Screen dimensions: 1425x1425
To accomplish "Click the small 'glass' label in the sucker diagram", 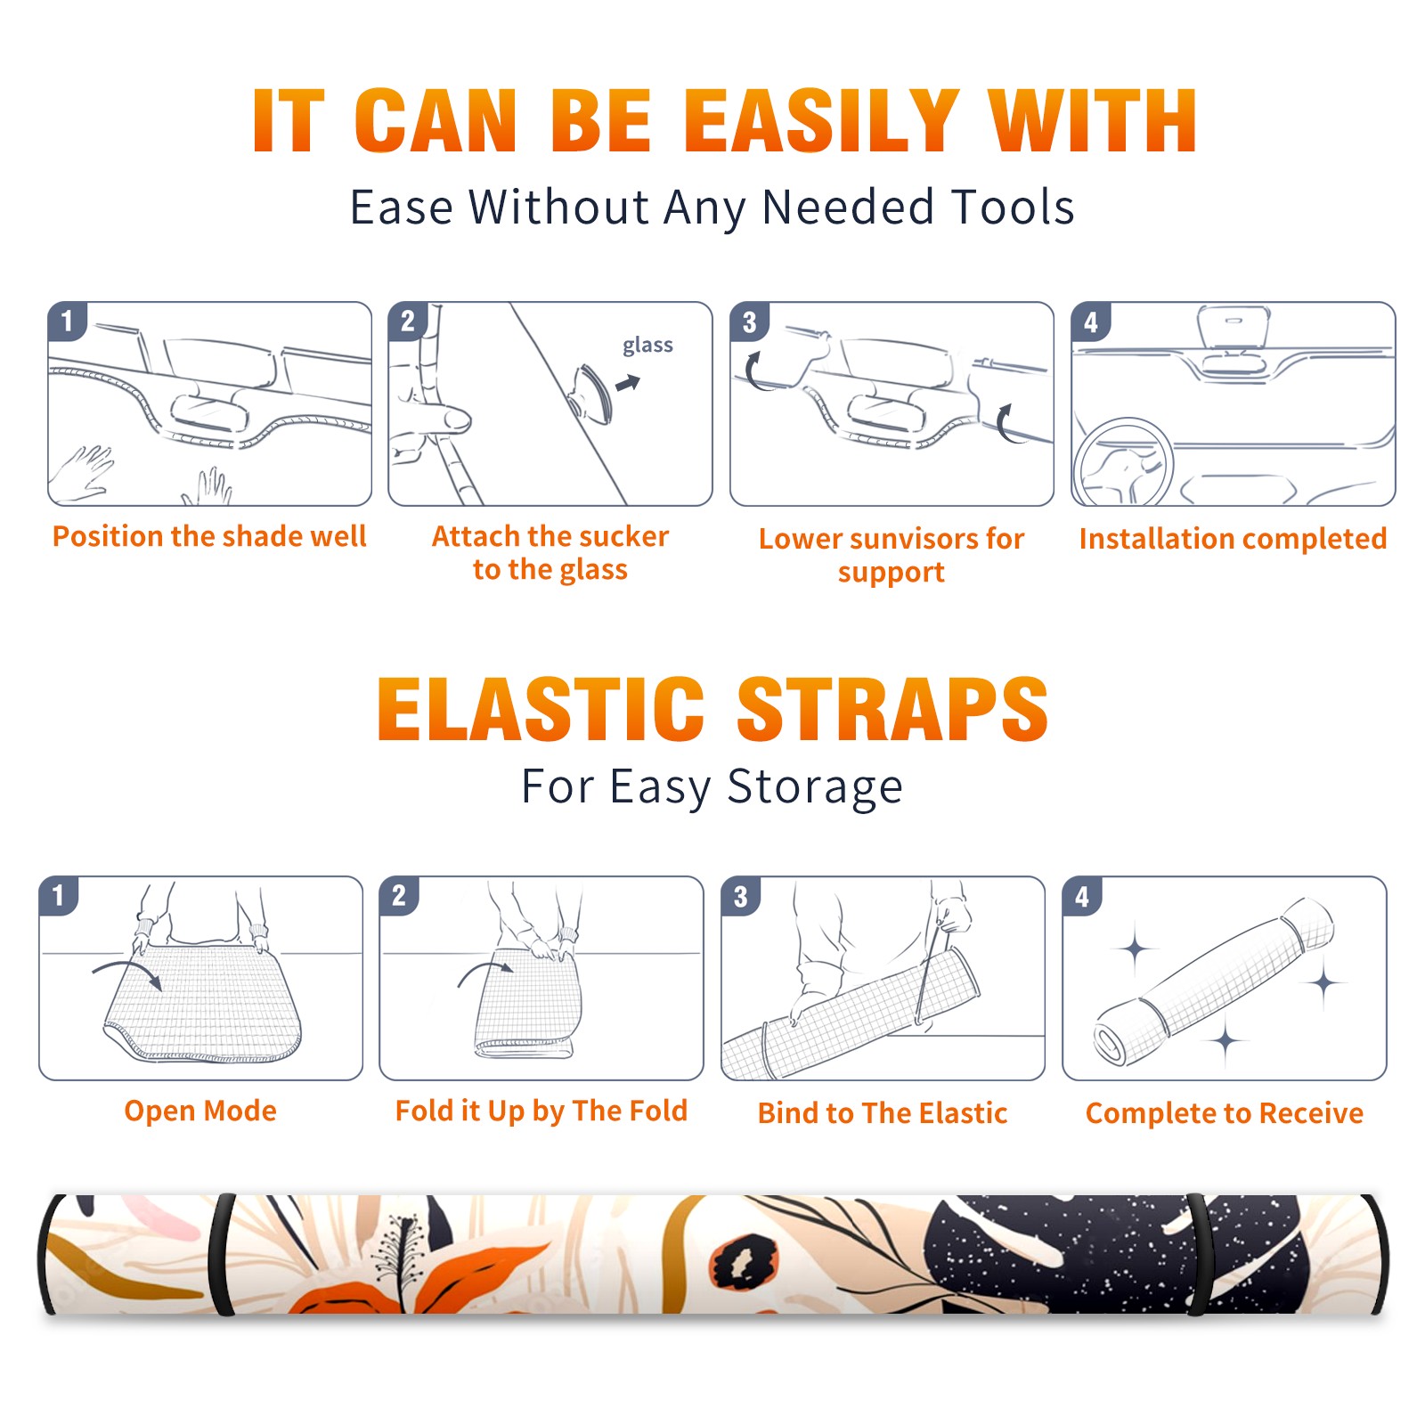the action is click(647, 346).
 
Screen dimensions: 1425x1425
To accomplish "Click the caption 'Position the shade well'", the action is click(209, 536).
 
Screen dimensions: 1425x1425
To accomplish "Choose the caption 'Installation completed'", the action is click(1233, 539).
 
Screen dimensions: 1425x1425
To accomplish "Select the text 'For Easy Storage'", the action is click(712, 786).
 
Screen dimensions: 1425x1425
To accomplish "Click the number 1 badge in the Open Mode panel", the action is click(59, 895).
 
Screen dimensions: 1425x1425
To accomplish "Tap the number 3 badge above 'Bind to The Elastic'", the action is click(741, 896).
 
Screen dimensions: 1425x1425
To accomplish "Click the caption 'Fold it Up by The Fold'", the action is click(541, 1111).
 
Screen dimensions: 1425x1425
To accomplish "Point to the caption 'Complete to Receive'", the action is click(1225, 1113).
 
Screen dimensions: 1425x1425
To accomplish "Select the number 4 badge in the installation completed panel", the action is click(1091, 322).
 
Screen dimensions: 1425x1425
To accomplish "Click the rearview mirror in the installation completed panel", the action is click(1234, 327).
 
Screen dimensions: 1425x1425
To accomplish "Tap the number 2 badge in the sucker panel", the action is click(408, 322).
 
